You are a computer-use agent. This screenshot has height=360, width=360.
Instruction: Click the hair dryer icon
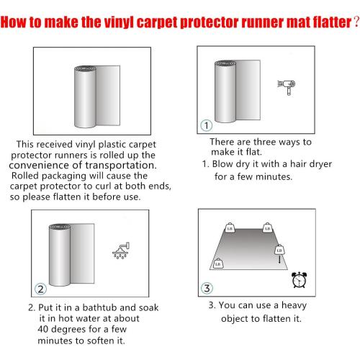pyautogui.click(x=287, y=87)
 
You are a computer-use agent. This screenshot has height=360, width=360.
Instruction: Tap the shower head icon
pyautogui.click(x=121, y=251)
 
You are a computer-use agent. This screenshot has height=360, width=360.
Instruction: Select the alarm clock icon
pyautogui.click(x=299, y=280)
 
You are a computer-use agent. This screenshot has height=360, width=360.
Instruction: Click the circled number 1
pyautogui.click(x=206, y=125)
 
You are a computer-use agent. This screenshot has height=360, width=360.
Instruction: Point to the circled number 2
pyautogui.click(x=40, y=289)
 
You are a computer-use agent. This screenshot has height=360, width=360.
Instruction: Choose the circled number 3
pyautogui.click(x=207, y=288)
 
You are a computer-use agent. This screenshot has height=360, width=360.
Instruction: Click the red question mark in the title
pyautogui.click(x=356, y=22)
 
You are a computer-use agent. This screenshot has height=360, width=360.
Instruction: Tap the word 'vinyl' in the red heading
pyautogui.click(x=119, y=22)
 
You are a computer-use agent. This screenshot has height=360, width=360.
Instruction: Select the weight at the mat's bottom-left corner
pyautogui.click(x=218, y=264)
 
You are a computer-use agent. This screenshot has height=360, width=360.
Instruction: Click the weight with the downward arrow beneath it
pyautogui.click(x=279, y=250)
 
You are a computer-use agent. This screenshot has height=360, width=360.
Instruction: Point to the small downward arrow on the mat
pyautogui.click(x=279, y=259)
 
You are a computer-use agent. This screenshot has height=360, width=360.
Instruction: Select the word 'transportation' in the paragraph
pyautogui.click(x=121, y=165)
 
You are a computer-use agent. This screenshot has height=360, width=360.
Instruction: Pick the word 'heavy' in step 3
pyautogui.click(x=294, y=305)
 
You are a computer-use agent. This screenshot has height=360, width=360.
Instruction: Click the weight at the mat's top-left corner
pyautogui.click(x=230, y=228)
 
